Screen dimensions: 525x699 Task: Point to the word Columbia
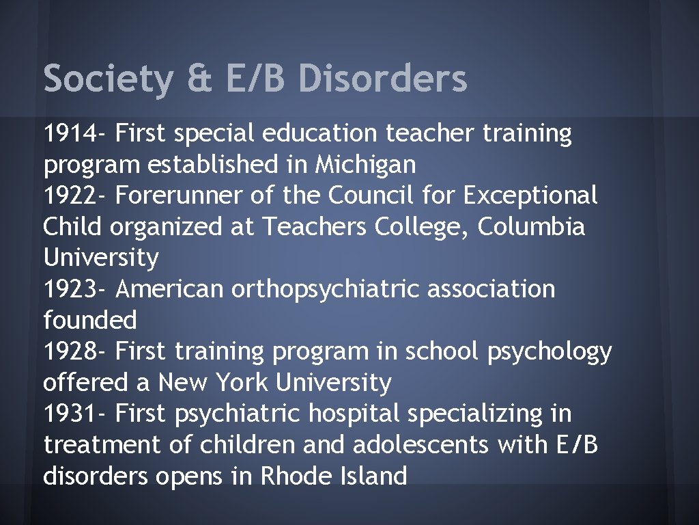pyautogui.click(x=531, y=227)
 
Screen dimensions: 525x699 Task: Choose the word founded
pyautogui.click(x=90, y=320)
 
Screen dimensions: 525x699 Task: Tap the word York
pyautogui.click(x=242, y=382)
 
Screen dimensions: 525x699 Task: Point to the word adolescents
pyautogui.click(x=421, y=445)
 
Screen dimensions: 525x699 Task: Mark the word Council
pyautogui.click(x=373, y=196)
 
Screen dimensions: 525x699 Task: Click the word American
pyautogui.click(x=170, y=289)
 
